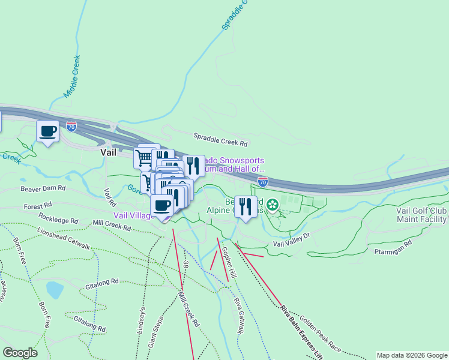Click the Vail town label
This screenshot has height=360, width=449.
[108, 152]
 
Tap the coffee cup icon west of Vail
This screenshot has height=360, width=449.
[48, 131]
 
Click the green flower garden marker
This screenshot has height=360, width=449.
[273, 206]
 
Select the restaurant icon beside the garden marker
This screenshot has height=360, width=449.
[245, 206]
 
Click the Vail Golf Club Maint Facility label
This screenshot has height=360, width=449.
[421, 215]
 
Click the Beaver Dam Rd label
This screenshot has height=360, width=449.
[42, 188]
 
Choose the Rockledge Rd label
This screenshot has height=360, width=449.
[58, 217]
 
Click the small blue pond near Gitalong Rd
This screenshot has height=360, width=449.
[54, 290]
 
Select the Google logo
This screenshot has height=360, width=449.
[20, 353]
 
